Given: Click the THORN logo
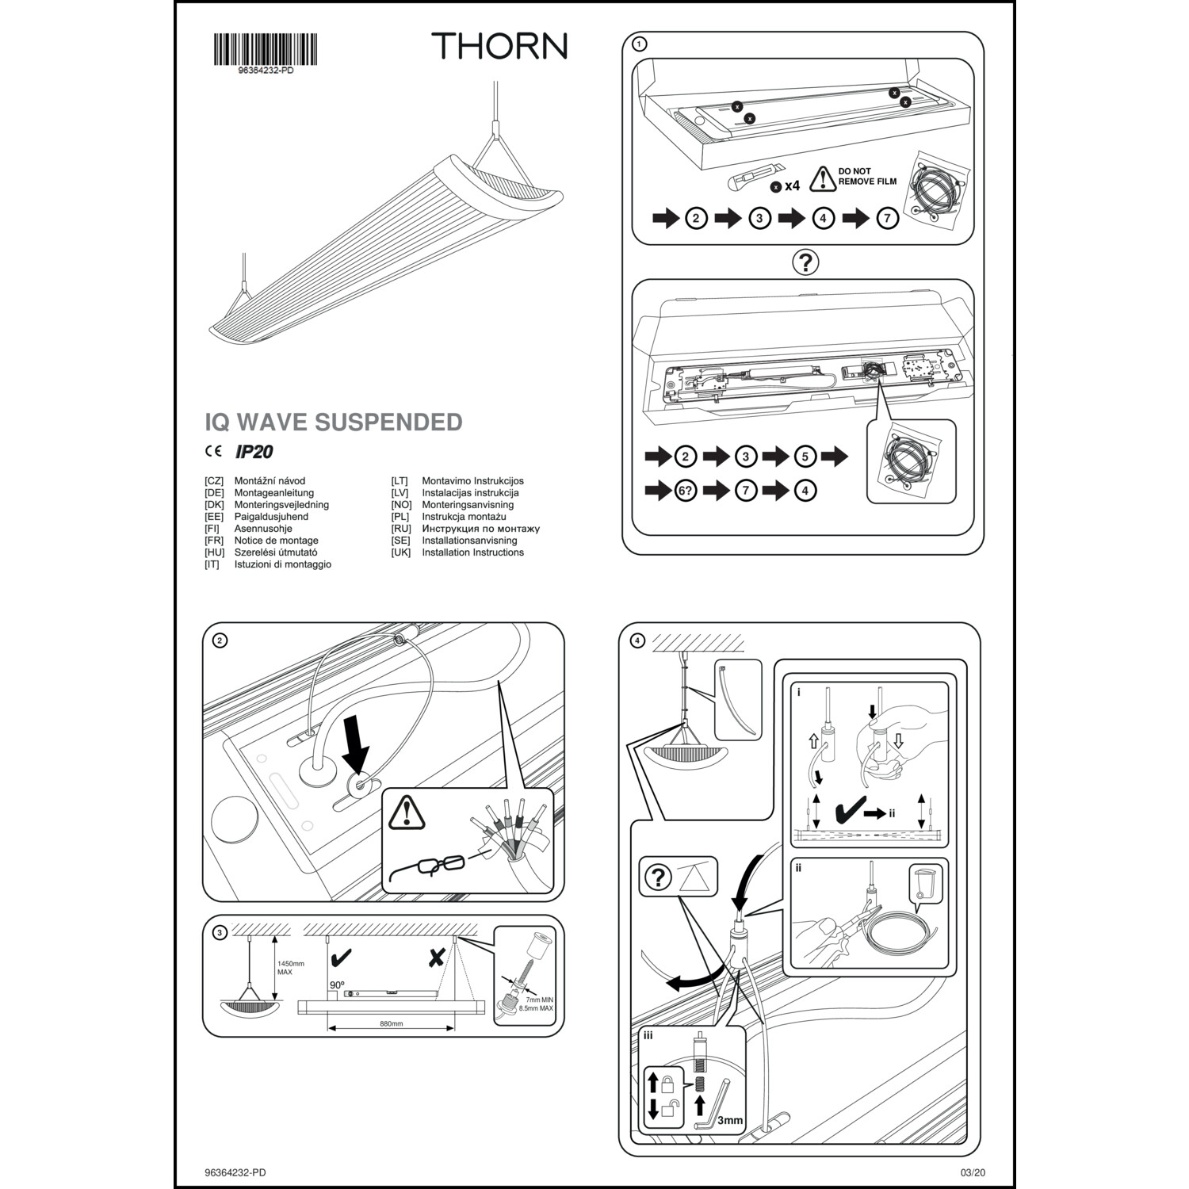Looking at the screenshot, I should [499, 46].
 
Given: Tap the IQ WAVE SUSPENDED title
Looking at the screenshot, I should [334, 422].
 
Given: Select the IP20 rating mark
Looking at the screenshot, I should [254, 452].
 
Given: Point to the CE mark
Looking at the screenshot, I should [213, 452].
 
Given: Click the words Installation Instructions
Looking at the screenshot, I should [472, 552].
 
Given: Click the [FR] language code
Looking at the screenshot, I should [212, 541].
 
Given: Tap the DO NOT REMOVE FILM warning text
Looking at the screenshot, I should [867, 176].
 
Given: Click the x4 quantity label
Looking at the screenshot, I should [792, 187].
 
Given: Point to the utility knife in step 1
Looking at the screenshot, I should [754, 176].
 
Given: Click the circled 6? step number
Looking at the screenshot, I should [686, 491].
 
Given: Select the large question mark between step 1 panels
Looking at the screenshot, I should [805, 262].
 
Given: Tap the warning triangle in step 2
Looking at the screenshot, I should [407, 812].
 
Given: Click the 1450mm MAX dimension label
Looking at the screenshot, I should [290, 968].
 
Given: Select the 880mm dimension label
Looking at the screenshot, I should [391, 1023].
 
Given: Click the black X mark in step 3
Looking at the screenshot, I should [436, 958].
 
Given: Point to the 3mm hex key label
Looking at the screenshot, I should [730, 1120].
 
